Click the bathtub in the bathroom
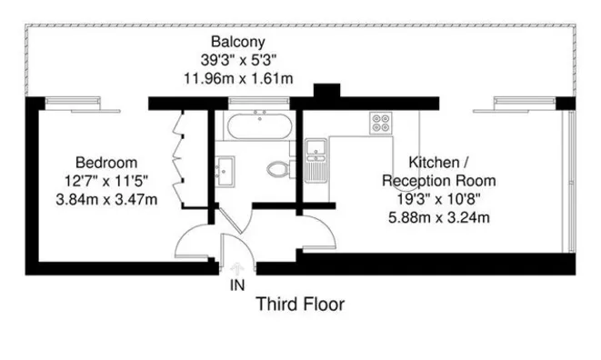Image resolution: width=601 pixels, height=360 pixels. (x=259, y=125)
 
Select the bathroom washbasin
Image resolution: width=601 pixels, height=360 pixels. (x=225, y=171)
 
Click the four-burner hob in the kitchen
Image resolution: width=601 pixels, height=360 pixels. (x=381, y=123)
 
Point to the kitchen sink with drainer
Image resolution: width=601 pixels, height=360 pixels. (x=316, y=161)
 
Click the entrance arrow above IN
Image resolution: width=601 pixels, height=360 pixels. (x=237, y=269)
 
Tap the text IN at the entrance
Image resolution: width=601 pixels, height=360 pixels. (x=237, y=285)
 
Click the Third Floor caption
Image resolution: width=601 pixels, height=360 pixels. (x=300, y=304)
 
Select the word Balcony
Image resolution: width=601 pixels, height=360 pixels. (x=238, y=42)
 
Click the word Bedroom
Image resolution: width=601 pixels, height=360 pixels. (x=106, y=163)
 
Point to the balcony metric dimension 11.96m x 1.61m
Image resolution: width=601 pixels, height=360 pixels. (x=238, y=78)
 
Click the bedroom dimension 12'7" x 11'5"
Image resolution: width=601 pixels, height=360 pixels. (x=106, y=181)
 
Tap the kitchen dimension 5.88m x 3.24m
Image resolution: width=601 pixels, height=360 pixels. (x=439, y=217)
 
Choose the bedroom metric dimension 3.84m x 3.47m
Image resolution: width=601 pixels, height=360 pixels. (x=106, y=199)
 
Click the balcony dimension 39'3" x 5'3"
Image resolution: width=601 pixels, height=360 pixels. (x=238, y=60)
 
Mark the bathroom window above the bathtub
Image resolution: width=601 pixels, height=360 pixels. (x=259, y=101)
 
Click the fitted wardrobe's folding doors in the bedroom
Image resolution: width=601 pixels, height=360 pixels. (x=177, y=159)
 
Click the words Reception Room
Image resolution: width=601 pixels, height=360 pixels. (x=439, y=181)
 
